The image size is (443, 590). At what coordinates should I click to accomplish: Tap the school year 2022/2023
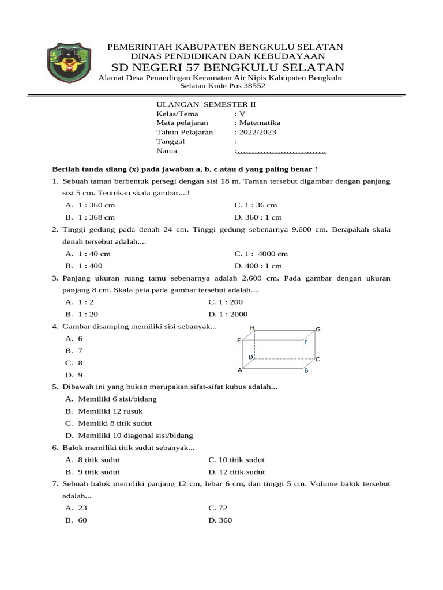point(255,132)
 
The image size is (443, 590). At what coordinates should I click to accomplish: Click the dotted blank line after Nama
point(281,151)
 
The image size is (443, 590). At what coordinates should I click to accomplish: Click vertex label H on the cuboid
point(252,327)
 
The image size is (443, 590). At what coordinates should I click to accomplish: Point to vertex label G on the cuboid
point(317,330)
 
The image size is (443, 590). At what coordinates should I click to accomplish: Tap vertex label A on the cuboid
point(239,370)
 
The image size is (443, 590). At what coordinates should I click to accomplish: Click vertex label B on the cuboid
point(306,370)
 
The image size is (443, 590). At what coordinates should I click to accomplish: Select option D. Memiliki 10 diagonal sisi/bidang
point(129,436)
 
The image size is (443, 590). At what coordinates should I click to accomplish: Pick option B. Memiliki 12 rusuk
point(104,411)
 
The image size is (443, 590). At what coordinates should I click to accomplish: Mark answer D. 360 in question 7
point(220,520)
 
